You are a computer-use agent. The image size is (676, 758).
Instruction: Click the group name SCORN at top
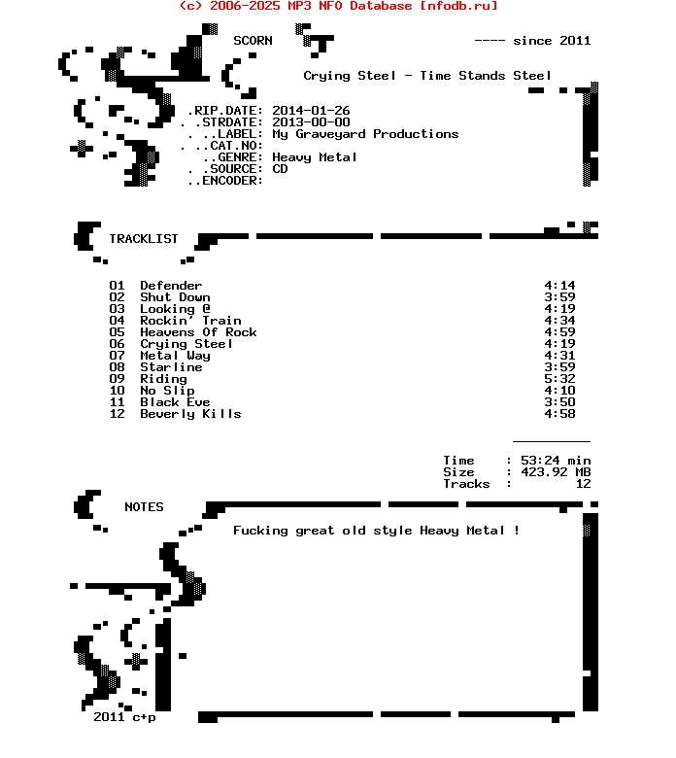253,41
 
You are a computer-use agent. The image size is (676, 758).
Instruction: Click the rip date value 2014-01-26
311,111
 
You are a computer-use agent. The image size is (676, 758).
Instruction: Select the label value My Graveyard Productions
365,134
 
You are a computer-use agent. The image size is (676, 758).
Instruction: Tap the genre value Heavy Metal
315,157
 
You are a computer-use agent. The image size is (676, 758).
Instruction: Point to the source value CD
280,169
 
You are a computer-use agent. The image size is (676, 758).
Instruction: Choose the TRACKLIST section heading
144,239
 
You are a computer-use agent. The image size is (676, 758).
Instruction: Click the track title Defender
171,286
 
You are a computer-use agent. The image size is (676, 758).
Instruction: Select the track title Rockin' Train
190,321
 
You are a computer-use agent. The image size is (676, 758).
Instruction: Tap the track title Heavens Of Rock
198,332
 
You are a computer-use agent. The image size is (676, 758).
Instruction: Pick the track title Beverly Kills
190,414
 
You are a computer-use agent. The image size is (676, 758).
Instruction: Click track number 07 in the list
117,356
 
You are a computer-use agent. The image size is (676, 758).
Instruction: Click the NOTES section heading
144,507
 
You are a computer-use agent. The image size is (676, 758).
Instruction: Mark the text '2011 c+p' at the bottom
124,717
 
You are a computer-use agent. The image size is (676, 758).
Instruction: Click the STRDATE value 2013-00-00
311,122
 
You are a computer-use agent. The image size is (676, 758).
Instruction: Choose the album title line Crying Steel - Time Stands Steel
427,76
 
